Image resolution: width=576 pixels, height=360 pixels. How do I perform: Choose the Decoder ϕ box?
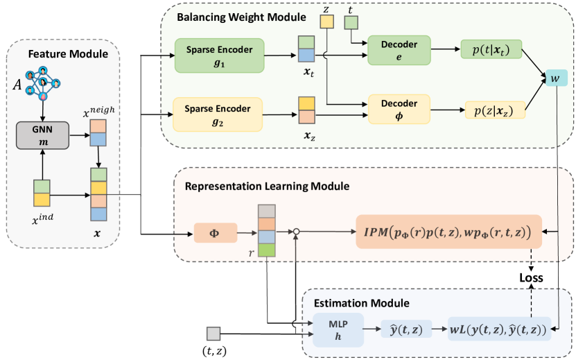click(x=399, y=108)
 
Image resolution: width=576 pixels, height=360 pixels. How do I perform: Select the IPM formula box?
click(x=448, y=233)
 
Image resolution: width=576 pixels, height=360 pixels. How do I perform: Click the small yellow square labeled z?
click(x=326, y=22)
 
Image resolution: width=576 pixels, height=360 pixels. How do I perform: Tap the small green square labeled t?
click(x=351, y=24)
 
